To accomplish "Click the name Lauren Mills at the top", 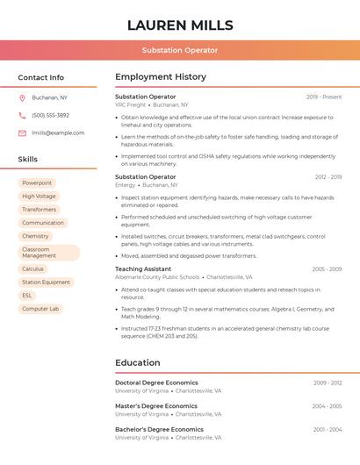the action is [180, 25].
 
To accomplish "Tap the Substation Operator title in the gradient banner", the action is [180, 50].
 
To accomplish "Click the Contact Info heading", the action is [41, 77].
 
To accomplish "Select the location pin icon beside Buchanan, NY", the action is [22, 97].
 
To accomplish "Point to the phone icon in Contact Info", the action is [22, 115].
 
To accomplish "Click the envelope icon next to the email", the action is [22, 133].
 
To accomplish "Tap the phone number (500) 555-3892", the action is [50, 115].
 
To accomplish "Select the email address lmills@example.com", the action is [58, 133].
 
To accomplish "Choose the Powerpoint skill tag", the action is [37, 182].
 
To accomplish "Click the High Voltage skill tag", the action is [39, 197].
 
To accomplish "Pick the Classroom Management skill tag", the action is [48, 253].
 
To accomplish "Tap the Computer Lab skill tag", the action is [40, 309].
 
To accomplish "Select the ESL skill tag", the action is [27, 296].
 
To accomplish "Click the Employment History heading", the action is [161, 77].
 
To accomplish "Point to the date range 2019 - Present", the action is [324, 97].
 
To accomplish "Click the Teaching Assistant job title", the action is [143, 269].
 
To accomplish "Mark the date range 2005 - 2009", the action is [327, 269].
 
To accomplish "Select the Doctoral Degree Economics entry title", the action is [156, 383].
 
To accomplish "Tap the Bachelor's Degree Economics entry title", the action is [159, 430].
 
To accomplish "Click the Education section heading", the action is [138, 362].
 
